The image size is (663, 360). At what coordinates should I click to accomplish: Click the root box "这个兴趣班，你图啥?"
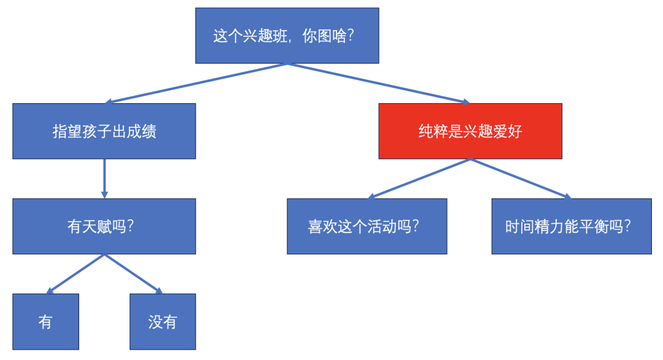[287, 36]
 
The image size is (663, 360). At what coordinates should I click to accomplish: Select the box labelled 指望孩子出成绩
[104, 131]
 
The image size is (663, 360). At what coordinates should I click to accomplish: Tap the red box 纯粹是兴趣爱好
[470, 131]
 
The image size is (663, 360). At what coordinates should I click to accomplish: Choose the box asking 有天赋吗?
[104, 226]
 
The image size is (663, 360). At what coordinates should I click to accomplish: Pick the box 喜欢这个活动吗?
[367, 226]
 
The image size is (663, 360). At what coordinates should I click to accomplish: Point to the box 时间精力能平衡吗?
[572, 226]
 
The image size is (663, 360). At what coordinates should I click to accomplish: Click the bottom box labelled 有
[45, 322]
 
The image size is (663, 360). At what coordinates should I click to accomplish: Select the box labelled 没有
[163, 322]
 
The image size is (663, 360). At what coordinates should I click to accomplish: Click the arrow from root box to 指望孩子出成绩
[196, 84]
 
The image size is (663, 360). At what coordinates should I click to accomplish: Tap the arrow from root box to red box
[379, 84]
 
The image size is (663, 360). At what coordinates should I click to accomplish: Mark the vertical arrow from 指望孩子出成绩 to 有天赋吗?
[104, 179]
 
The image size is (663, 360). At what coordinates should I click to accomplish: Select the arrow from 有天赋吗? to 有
[75, 274]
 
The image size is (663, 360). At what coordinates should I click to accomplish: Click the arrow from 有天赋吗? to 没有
[134, 274]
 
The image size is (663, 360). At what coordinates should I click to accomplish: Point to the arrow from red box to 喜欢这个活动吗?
[419, 179]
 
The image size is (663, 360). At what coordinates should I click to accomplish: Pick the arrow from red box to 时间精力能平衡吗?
[521, 179]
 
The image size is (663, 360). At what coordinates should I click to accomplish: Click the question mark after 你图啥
[350, 36]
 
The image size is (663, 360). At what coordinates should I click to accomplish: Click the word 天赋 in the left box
[97, 227]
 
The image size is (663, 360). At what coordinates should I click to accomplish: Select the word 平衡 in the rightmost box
[594, 227]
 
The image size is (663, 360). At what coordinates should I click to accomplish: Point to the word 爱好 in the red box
[508, 131]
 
